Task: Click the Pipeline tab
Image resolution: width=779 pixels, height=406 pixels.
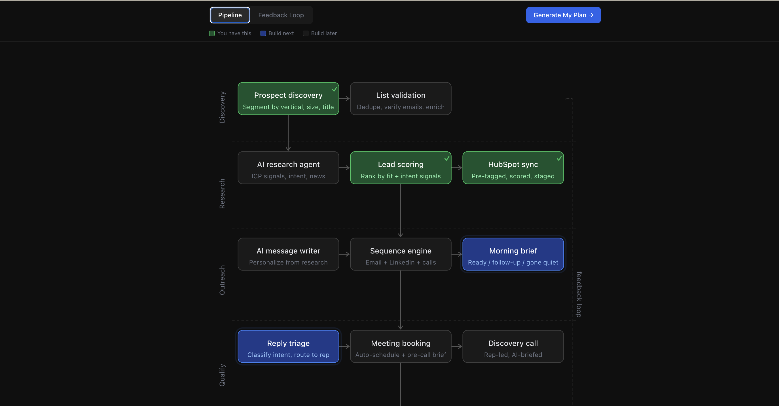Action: coord(230,15)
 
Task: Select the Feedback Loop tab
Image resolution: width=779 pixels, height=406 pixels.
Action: coord(281,15)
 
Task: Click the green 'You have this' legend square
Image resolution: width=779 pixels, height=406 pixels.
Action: coord(212,33)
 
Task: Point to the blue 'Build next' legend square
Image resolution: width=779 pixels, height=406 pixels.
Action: coord(263,33)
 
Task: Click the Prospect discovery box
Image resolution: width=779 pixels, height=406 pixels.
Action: coord(288,99)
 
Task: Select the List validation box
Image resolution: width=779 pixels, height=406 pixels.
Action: coord(401,99)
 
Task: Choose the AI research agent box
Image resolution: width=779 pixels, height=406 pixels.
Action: coord(288,168)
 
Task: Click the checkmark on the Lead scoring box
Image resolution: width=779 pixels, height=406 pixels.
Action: coord(447,158)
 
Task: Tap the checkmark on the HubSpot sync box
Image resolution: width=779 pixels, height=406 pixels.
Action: coord(559,158)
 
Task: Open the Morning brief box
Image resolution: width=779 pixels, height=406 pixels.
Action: coord(513,254)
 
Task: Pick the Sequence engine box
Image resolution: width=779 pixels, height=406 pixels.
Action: coord(401,254)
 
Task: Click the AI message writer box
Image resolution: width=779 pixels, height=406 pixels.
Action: coord(288,254)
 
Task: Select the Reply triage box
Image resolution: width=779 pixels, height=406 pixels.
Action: coord(288,347)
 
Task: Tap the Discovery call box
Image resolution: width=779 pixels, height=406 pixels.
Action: coord(513,347)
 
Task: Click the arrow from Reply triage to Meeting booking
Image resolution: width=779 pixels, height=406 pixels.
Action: coord(344,347)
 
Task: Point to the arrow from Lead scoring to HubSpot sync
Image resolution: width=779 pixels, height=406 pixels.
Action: coord(457,168)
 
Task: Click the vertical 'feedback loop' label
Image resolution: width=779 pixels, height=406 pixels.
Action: coord(579,294)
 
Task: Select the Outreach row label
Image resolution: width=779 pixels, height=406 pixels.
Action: coord(222,280)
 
